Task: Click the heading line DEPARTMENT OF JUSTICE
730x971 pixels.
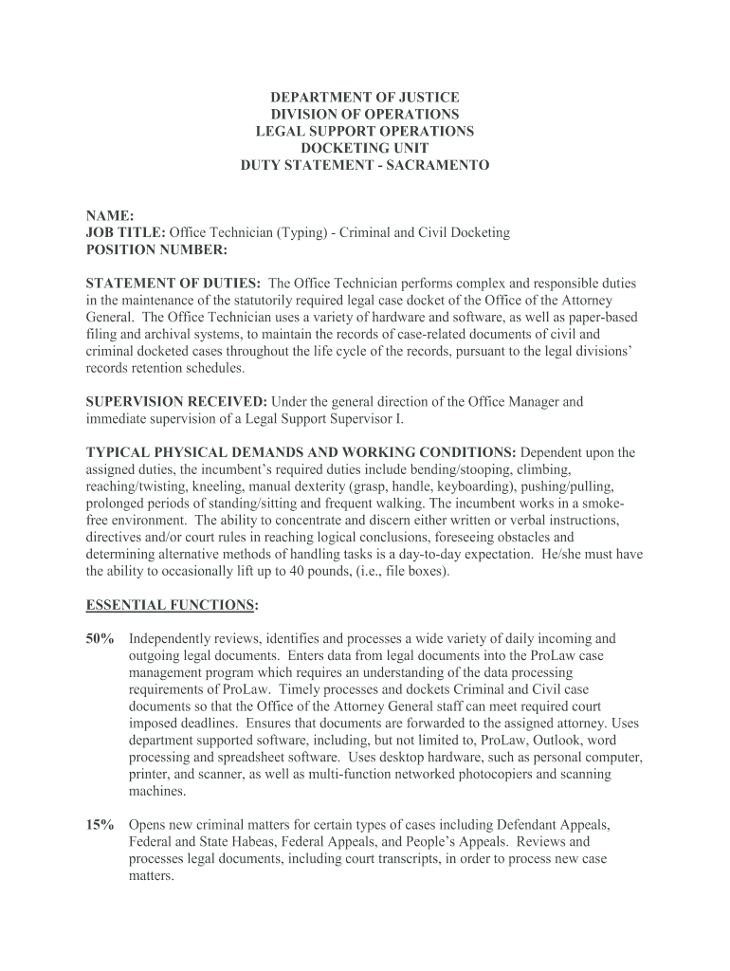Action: coord(365,98)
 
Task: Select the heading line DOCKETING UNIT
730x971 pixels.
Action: coord(365,148)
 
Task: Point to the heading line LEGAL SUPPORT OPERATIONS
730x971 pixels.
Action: coord(365,131)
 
